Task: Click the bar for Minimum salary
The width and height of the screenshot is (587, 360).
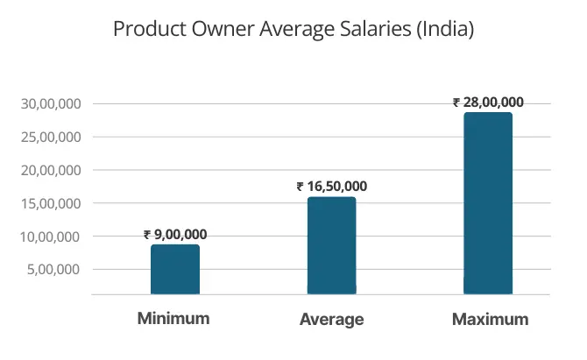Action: [x=175, y=269]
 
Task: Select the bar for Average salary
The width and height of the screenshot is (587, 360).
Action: [x=331, y=245]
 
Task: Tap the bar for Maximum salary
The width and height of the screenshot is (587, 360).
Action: [x=488, y=203]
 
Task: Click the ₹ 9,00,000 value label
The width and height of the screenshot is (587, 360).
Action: [x=175, y=235]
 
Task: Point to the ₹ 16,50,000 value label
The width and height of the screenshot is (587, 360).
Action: [x=331, y=187]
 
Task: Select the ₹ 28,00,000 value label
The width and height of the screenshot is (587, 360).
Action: [x=488, y=102]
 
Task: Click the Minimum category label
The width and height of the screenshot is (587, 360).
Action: [x=173, y=318]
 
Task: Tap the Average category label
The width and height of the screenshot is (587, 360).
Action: [x=331, y=320]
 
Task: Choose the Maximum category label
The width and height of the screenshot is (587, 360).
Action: [x=490, y=320]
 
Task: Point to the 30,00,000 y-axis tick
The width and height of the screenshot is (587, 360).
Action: [x=51, y=104]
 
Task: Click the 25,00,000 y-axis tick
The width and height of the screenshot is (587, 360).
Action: [x=51, y=138]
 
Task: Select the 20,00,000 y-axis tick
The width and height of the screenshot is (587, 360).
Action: [x=51, y=171]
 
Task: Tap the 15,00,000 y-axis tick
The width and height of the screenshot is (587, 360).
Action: [x=51, y=204]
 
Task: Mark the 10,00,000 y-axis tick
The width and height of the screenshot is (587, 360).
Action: [x=51, y=236]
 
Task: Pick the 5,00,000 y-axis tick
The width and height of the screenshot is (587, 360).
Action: [x=54, y=270]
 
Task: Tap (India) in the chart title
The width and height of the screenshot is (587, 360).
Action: [x=446, y=30]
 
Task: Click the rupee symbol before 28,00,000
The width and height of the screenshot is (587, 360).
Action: [x=456, y=102]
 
